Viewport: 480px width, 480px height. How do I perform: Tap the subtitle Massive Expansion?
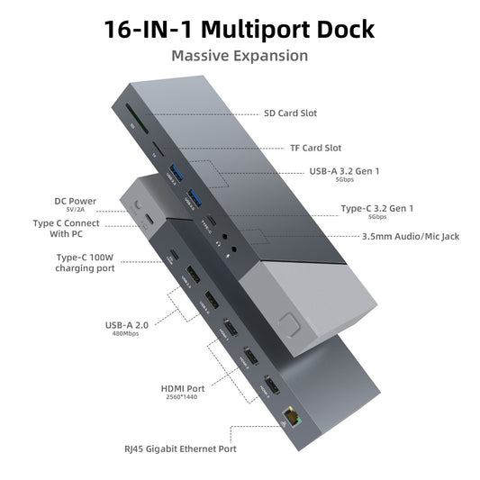pyautogui.click(x=240, y=56)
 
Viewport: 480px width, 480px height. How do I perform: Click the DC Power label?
pyautogui.click(x=75, y=201)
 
